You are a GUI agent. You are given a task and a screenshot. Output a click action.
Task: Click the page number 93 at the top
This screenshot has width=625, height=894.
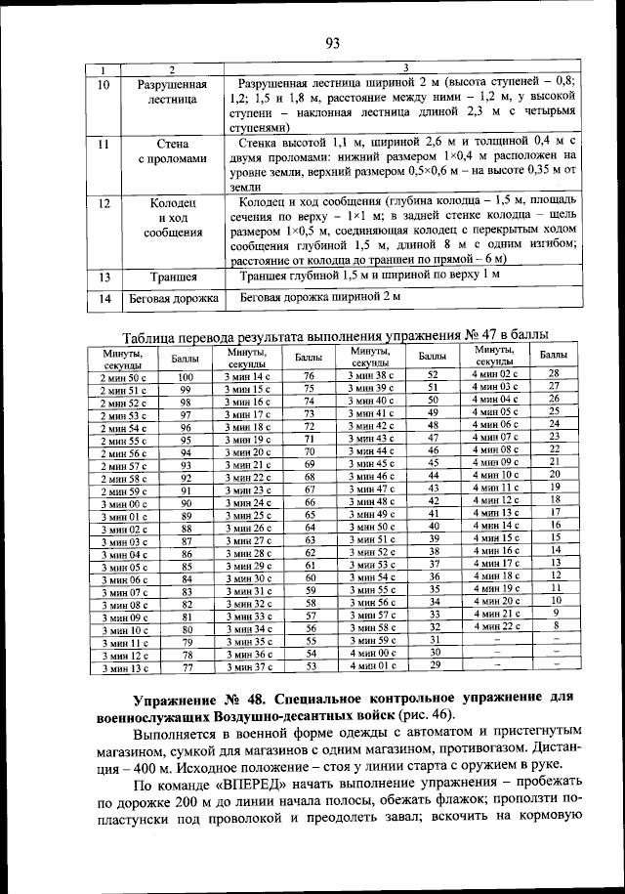pos(331,42)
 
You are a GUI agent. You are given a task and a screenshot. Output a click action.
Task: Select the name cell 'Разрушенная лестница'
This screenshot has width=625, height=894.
pos(172,92)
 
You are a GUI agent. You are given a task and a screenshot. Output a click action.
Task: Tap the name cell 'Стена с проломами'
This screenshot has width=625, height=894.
pos(172,150)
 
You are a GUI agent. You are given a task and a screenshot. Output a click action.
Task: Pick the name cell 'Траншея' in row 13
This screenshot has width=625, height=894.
pos(172,277)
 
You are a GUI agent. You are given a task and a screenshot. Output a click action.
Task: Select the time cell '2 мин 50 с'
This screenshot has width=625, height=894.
pos(123,376)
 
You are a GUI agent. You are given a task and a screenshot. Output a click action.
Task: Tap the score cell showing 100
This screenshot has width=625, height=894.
pos(186,376)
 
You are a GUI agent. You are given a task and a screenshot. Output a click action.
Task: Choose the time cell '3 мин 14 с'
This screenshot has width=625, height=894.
pos(246,376)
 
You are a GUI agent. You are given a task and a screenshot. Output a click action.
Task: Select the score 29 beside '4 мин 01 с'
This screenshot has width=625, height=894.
pos(434,665)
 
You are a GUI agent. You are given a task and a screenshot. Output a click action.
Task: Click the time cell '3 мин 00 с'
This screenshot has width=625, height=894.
pos(123,502)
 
